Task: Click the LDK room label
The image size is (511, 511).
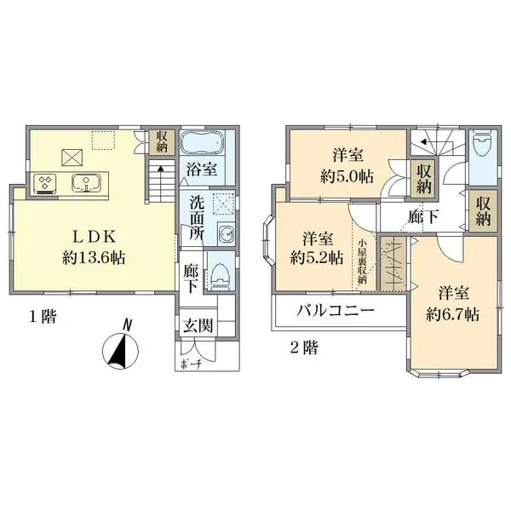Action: [94, 237]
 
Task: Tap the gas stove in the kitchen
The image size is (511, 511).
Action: [45, 183]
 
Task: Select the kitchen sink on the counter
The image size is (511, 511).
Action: [86, 183]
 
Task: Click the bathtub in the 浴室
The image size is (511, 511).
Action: [202, 142]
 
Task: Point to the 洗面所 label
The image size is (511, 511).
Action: [197, 219]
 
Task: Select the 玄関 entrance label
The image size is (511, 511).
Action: [198, 325]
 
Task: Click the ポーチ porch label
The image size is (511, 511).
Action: [190, 364]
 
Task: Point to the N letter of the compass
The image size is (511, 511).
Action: [128, 325]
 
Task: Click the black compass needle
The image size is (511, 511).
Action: [118, 352]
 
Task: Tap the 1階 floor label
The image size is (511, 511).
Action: [43, 317]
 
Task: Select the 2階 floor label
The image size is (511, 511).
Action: [304, 347]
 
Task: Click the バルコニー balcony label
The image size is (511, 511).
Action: [336, 311]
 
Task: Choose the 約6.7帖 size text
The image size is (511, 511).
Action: [453, 315]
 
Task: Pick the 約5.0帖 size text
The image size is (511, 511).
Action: [347, 176]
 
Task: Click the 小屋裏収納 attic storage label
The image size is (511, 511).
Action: [363, 261]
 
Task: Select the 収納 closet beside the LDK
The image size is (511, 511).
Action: [162, 142]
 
